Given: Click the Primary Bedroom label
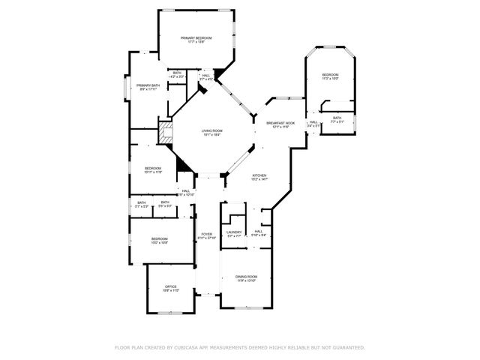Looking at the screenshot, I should coord(196,37).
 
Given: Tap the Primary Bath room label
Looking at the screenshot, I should coord(148,86).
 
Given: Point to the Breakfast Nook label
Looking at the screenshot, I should coord(280,122).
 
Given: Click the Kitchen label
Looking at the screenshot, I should coord(259,175).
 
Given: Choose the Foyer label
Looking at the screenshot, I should coord(205,234).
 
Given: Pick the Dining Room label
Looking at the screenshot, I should coord(247,277).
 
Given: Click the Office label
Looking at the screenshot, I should coord(171,286).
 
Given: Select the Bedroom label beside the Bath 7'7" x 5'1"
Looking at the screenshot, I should coord(330,74).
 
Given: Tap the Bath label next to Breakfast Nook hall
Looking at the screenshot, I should coord(337,118).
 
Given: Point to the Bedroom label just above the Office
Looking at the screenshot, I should coord(160,238).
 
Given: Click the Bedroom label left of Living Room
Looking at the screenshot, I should coord(152,168).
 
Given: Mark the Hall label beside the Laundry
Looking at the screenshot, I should coord(258,232).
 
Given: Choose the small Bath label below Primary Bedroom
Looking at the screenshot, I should coord(177,73).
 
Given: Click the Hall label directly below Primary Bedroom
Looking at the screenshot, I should coord(205,75).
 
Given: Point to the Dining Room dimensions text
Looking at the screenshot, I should coord(247,280).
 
